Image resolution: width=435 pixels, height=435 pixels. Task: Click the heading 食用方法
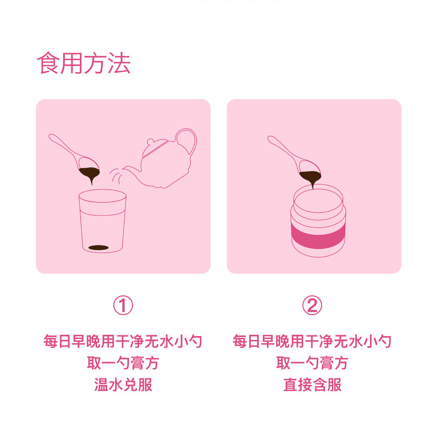click(x=84, y=63)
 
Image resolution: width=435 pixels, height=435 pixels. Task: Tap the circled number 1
click(x=123, y=305)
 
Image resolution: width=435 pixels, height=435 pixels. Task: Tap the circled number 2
click(x=312, y=305)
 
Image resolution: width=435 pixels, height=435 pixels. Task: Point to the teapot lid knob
click(x=150, y=141)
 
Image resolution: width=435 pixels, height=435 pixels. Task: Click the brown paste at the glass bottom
click(x=98, y=247)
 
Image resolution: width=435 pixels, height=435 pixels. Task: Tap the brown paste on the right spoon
click(x=310, y=178)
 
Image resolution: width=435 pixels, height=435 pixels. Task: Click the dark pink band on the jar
click(x=318, y=238)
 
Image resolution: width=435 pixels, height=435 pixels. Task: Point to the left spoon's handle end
click(x=51, y=136)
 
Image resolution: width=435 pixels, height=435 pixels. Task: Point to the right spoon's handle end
click(x=270, y=138)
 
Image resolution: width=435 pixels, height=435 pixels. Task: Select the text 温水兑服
click(x=123, y=384)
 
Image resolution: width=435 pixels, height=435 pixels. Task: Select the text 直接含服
click(x=312, y=384)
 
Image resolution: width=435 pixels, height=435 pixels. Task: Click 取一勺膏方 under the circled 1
click(x=123, y=362)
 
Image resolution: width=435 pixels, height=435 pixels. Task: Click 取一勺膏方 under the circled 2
click(x=312, y=362)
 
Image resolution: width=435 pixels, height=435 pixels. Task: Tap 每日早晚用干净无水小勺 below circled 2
click(x=312, y=341)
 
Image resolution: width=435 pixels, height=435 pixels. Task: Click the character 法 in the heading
click(x=119, y=63)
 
